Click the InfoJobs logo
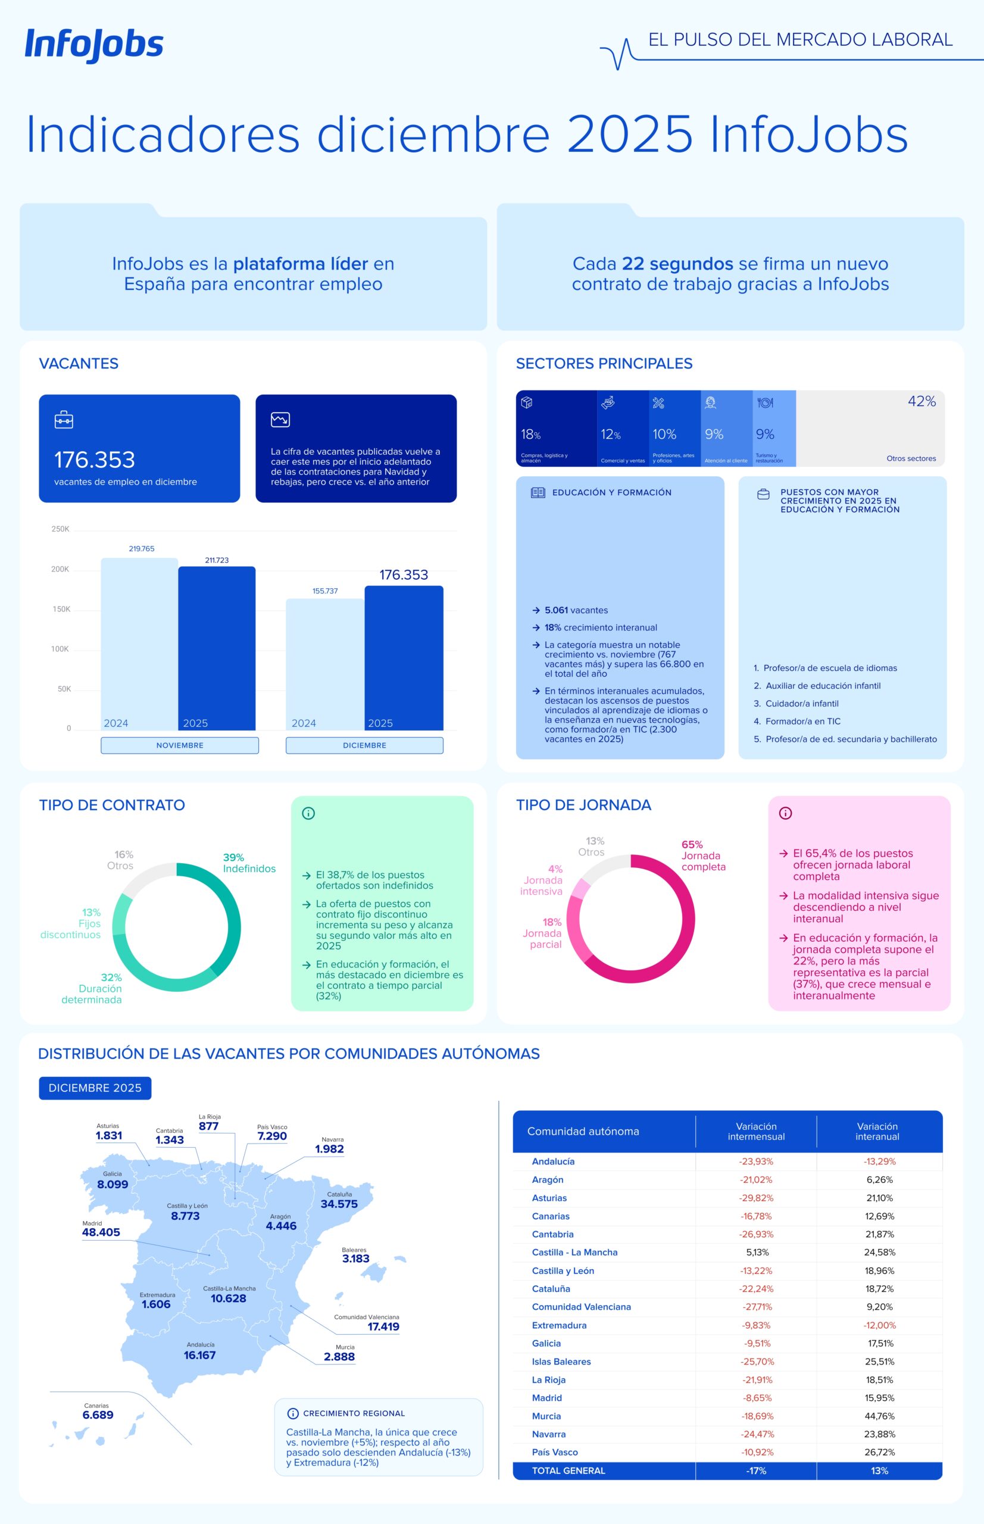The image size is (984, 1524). point(94,45)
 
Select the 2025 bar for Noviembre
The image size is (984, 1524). point(217,648)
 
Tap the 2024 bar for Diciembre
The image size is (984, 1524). point(324,664)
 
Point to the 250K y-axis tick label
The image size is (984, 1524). point(60,529)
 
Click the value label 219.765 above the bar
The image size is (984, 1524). point(141,549)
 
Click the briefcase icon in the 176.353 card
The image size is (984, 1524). point(64,420)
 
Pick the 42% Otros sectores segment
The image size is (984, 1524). point(870,428)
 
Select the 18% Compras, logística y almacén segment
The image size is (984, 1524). point(556,428)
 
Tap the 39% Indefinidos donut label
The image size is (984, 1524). point(249,863)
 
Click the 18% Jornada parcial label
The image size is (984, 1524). point(543,933)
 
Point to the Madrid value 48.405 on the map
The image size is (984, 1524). point(101,1232)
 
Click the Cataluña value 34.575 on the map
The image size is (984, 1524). point(339,1204)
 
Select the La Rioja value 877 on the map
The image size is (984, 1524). point(209,1126)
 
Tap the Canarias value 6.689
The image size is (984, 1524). point(98,1414)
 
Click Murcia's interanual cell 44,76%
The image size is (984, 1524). point(879,1416)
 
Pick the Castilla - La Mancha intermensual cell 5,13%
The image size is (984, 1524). point(757,1253)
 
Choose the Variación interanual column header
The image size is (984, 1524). point(877,1131)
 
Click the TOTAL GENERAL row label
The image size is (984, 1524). point(568,1470)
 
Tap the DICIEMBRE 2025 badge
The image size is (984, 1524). point(95,1088)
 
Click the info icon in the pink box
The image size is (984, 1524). point(785,813)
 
